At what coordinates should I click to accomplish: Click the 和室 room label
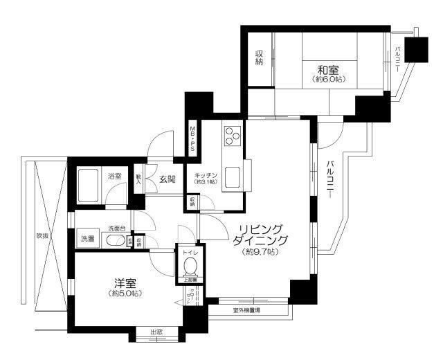tap(328, 69)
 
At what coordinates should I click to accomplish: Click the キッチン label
tap(206, 174)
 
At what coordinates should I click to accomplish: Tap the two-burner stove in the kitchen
tap(231, 134)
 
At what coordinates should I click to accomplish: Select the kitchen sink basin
tap(231, 177)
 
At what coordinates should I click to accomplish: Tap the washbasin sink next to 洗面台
tap(116, 241)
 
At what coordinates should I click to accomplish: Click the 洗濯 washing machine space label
tap(87, 239)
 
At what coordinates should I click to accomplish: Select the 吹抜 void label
tap(43, 235)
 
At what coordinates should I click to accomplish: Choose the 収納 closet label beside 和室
tap(259, 57)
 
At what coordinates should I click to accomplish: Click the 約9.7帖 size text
tap(260, 253)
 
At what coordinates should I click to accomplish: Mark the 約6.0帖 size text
tap(328, 80)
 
